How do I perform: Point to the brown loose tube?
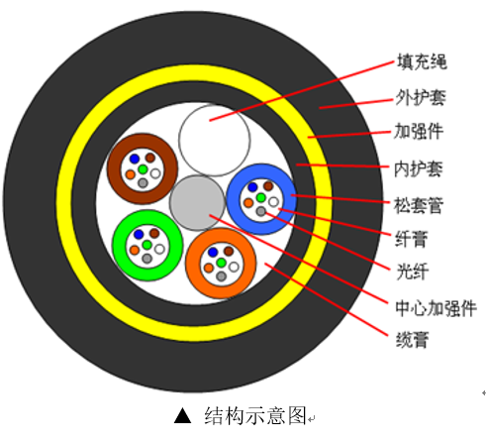142,169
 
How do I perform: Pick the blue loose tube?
261,198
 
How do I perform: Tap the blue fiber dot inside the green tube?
137,235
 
